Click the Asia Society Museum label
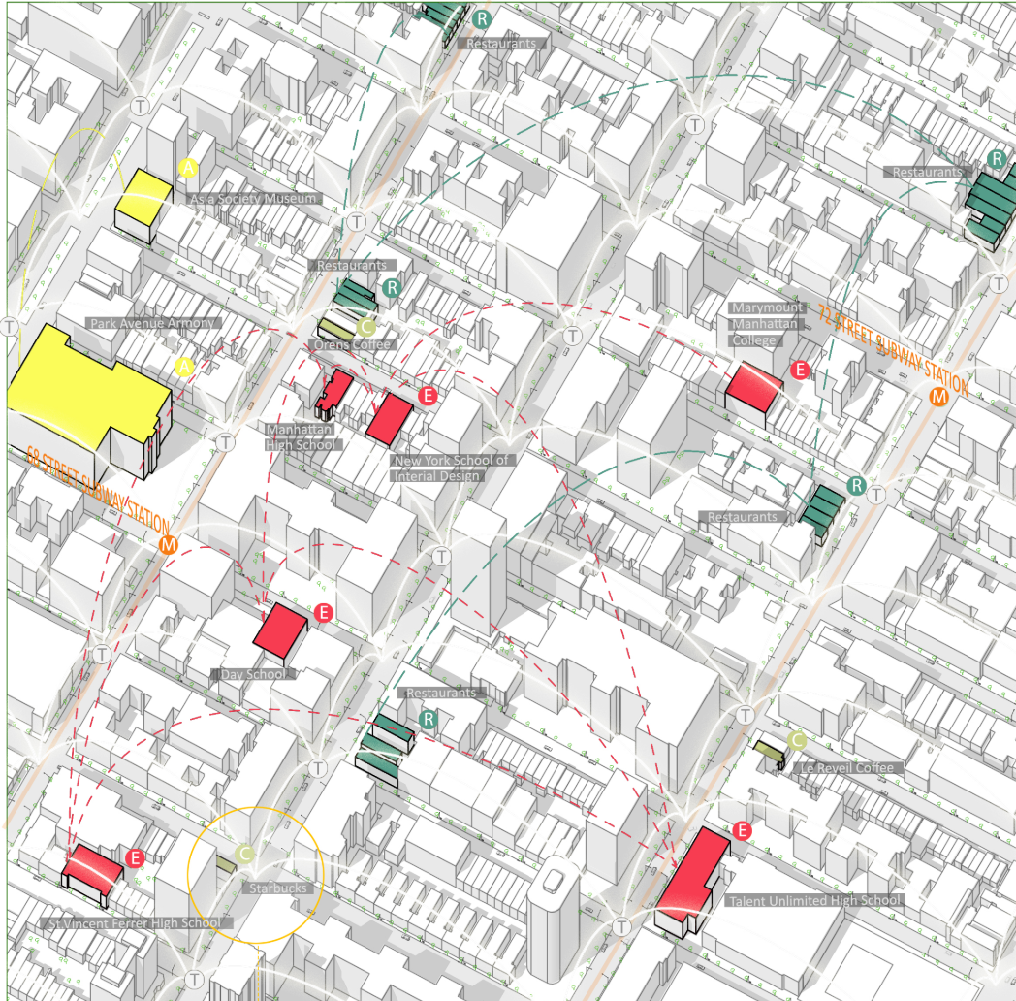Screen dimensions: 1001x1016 click(x=253, y=199)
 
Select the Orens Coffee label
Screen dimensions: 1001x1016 click(x=352, y=344)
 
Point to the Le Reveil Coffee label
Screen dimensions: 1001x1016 click(x=847, y=768)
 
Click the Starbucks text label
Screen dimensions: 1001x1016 click(x=277, y=888)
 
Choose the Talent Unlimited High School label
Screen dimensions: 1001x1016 click(x=814, y=900)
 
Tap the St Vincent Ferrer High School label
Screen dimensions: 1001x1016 click(x=134, y=922)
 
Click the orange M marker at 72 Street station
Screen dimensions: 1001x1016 click(x=938, y=396)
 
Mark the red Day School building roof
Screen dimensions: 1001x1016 click(x=281, y=628)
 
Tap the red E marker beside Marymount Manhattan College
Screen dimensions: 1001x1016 click(x=800, y=370)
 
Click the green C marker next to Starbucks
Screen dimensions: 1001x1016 click(x=245, y=853)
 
